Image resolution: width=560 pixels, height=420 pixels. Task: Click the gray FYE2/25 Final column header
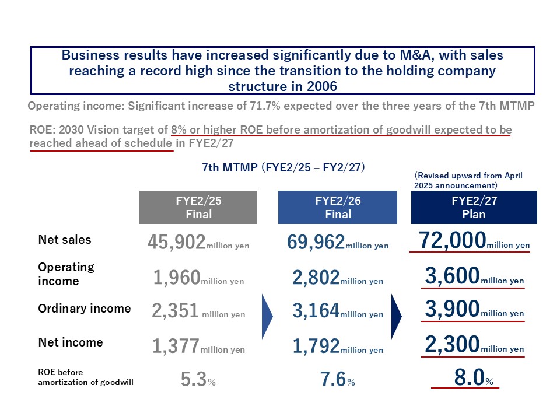(x=198, y=207)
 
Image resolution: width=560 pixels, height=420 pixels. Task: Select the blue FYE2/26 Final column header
(x=337, y=207)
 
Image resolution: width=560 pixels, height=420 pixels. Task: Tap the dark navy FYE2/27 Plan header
(x=474, y=207)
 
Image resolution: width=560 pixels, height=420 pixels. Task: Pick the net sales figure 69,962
(x=316, y=242)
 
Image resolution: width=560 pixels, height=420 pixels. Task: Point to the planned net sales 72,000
(x=453, y=240)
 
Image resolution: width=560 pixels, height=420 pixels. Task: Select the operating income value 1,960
(x=177, y=278)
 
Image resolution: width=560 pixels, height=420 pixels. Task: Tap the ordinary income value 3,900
(x=453, y=310)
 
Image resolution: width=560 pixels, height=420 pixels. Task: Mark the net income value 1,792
(x=316, y=346)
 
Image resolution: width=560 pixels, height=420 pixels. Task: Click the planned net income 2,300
(x=453, y=345)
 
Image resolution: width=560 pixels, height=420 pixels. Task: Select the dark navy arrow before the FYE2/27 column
(x=396, y=316)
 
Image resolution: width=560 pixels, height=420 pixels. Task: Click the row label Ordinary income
(x=85, y=309)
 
